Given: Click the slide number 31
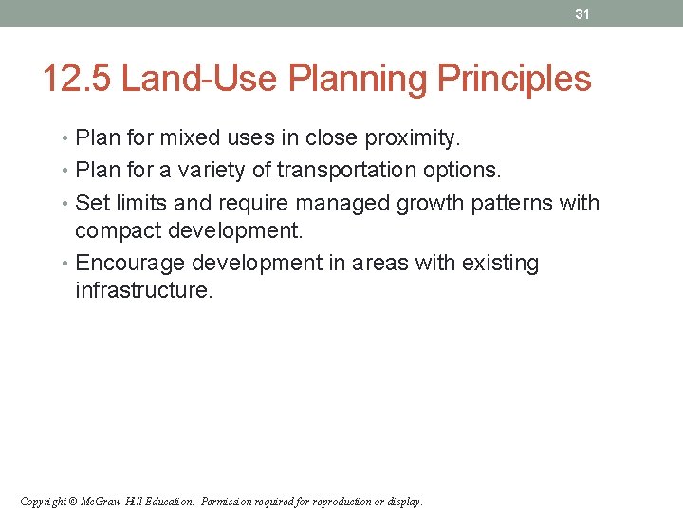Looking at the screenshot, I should click(x=582, y=13).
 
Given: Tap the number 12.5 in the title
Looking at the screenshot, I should click(x=76, y=78).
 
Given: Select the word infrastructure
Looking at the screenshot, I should click(x=144, y=290).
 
